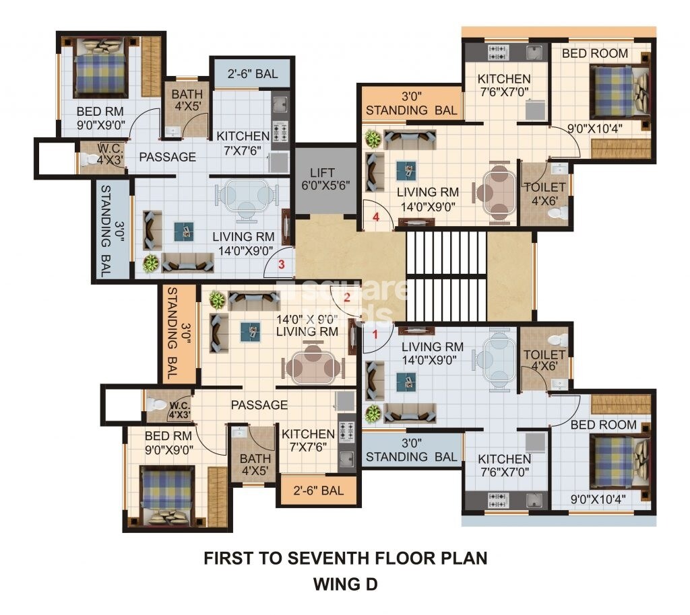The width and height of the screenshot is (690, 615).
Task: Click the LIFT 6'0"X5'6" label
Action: pos(325,179)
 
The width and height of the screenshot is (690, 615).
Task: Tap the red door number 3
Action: pos(281,264)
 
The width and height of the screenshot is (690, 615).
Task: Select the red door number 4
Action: pos(376,217)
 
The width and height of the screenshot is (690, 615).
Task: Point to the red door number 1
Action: pos(375,334)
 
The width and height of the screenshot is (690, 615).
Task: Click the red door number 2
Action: pos(347,297)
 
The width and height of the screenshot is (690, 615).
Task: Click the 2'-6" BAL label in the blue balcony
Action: pos(253,74)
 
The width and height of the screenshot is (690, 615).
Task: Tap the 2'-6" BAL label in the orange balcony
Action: pos(319,491)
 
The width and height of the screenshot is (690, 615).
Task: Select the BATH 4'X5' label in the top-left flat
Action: pos(187,100)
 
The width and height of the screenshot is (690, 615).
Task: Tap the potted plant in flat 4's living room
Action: pos(373,139)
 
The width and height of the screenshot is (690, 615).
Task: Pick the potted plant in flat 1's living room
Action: pos(373,414)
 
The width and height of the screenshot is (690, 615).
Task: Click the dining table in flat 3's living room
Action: pos(247,198)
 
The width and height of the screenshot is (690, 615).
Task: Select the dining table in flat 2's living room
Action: pos(313,365)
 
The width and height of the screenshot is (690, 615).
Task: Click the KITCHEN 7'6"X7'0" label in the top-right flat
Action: pos(504,85)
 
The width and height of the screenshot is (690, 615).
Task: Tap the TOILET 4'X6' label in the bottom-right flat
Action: pos(544,360)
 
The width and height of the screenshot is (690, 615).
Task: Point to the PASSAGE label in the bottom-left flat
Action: pos(259,404)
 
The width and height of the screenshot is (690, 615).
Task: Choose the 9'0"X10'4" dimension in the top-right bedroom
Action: pos(595,129)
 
